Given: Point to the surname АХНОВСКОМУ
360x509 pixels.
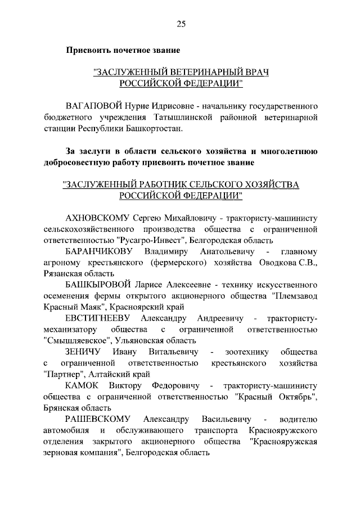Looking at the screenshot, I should point(97,218).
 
